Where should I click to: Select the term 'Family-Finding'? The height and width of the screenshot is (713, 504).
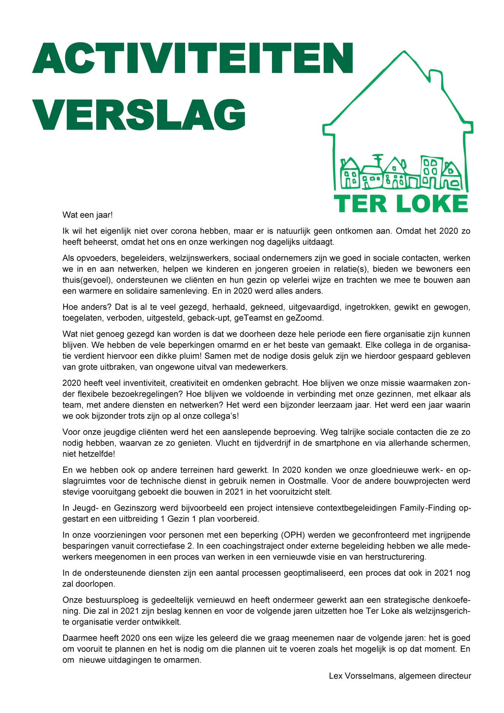pos(428,508)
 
